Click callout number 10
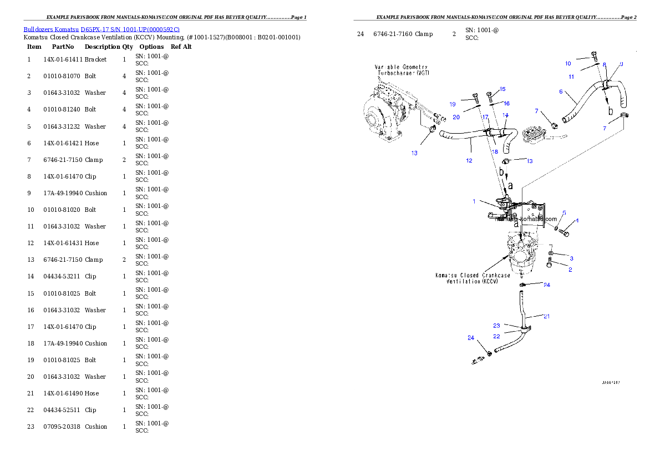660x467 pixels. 568,64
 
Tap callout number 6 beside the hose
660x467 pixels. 561,92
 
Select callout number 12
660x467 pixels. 469,161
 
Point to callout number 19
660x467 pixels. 453,104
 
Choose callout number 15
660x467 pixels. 502,89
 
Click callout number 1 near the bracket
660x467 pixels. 474,201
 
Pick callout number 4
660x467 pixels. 577,220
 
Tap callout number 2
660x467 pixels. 570,270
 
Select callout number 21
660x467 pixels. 546,317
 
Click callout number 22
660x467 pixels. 496,336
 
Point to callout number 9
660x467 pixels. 621,64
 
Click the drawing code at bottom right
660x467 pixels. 612,382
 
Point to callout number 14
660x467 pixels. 505,115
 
